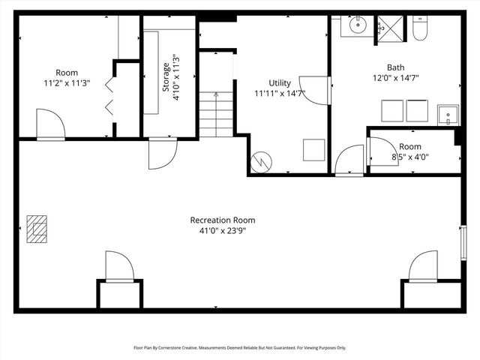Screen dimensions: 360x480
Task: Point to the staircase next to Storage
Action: point(216,113)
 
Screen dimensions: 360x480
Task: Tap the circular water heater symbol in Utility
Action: point(261,162)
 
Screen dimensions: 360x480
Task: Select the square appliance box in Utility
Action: point(313,149)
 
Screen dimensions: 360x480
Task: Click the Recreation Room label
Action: point(222,220)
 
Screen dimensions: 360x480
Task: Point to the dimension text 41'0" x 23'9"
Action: point(222,231)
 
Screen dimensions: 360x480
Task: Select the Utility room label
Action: point(280,82)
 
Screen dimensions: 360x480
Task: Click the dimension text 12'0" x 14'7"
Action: point(394,77)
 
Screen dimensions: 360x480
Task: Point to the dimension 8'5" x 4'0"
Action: point(409,157)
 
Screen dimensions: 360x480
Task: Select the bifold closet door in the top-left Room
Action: point(111,94)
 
